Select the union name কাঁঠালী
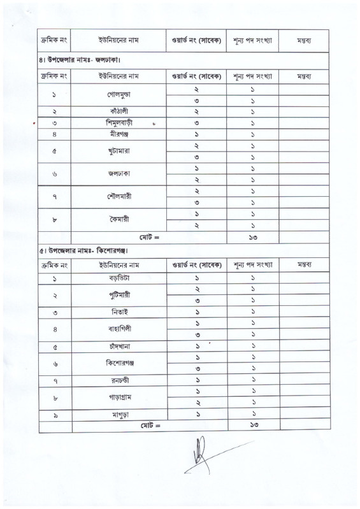click(x=120, y=111)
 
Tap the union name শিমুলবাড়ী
click(x=120, y=122)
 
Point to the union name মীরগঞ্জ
click(x=120, y=134)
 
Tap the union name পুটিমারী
click(x=120, y=295)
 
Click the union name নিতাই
click(x=120, y=312)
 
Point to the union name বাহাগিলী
click(x=120, y=329)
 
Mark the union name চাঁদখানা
click(x=120, y=347)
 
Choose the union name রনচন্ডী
click(x=120, y=382)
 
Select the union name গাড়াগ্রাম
click(x=120, y=398)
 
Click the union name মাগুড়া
click(x=120, y=415)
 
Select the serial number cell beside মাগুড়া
click(x=55, y=415)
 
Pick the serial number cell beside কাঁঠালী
click(x=55, y=111)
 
